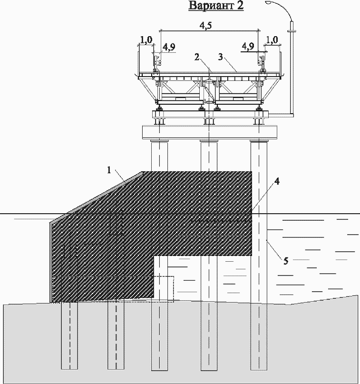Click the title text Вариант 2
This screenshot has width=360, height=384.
pos(216,6)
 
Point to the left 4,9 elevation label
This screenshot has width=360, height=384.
pos(169,47)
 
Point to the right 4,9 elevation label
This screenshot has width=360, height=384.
pos(248,46)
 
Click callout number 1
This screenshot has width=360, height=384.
pos(109,169)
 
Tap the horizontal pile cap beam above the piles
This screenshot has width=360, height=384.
pos(209,131)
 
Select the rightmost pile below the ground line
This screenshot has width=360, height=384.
pos(259,338)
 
